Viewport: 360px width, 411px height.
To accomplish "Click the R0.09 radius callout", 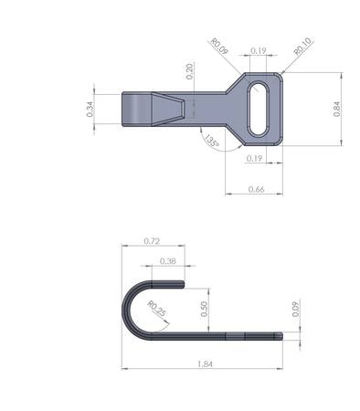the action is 219,47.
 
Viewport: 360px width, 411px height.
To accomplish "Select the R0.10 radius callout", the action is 302,47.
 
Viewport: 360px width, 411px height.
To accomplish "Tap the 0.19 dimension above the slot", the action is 259,50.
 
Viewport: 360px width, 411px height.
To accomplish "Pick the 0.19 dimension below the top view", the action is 254,159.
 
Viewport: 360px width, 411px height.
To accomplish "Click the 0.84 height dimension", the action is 337,109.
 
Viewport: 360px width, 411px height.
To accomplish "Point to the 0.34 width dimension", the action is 90,109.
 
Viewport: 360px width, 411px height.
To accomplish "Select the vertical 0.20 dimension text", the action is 190,71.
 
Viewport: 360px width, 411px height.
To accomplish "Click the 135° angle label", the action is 211,142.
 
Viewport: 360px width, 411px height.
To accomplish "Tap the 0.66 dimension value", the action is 257,189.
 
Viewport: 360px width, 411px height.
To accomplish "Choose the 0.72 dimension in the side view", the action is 152,241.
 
